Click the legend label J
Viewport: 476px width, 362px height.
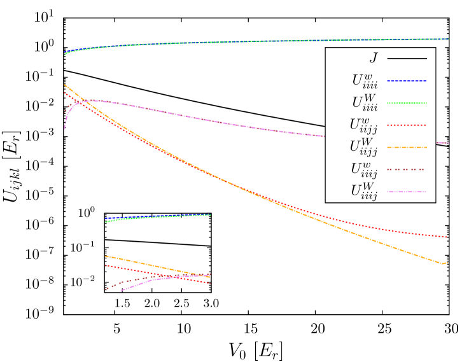pos(374,58)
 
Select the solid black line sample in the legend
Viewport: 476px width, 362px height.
pos(407,59)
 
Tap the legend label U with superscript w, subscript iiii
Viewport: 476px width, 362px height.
pos(364,80)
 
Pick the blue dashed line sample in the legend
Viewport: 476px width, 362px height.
pos(407,81)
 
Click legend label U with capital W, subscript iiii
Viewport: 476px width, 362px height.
pos(364,102)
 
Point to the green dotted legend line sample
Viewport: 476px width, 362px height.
pos(407,103)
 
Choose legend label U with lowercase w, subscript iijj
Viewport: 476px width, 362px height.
pos(363,125)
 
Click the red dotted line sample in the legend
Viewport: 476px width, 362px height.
pos(407,125)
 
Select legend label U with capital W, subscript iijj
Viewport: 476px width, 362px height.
pos(363,147)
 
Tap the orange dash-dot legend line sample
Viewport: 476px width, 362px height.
pos(407,148)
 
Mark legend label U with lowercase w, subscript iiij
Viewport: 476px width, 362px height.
pos(363,169)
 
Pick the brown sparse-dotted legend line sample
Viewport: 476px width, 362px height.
pos(407,170)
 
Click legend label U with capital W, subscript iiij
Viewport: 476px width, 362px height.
pos(363,191)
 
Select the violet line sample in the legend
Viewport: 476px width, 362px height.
pos(407,191)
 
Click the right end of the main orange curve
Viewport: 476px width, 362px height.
pos(447,263)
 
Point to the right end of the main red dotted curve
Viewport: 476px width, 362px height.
pos(447,237)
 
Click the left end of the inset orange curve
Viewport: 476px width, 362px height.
pos(106,256)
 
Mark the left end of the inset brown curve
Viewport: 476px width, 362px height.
pos(106,289)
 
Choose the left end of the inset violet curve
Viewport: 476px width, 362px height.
pos(121,291)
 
